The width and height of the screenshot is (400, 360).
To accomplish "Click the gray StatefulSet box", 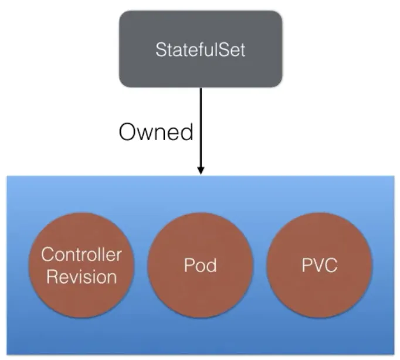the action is (x=201, y=49).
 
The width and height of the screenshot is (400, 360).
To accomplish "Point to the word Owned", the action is (x=156, y=132).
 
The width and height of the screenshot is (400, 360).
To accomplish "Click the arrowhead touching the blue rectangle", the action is (x=201, y=170).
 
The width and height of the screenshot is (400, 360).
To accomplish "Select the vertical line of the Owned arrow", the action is (x=201, y=127).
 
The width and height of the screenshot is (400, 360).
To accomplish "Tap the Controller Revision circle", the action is (x=82, y=265).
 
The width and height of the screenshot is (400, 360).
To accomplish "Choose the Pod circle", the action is (x=200, y=265).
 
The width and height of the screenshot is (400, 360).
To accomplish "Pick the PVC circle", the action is (x=320, y=265).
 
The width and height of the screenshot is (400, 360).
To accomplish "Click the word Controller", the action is (x=82, y=254).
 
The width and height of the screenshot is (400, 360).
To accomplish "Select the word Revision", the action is (x=82, y=277).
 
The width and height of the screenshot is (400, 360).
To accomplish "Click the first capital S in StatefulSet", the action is (x=161, y=50).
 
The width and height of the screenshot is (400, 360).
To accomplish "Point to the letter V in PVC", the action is (x=318, y=265).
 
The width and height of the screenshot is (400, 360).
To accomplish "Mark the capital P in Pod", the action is (x=189, y=265).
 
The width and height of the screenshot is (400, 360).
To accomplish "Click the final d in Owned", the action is (x=187, y=132).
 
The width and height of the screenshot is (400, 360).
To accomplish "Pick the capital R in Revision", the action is (x=52, y=277).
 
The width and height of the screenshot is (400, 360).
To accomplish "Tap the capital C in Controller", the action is (x=48, y=254).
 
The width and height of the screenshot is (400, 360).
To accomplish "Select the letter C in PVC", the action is (x=331, y=265).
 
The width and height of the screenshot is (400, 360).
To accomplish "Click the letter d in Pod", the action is (x=212, y=265).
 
